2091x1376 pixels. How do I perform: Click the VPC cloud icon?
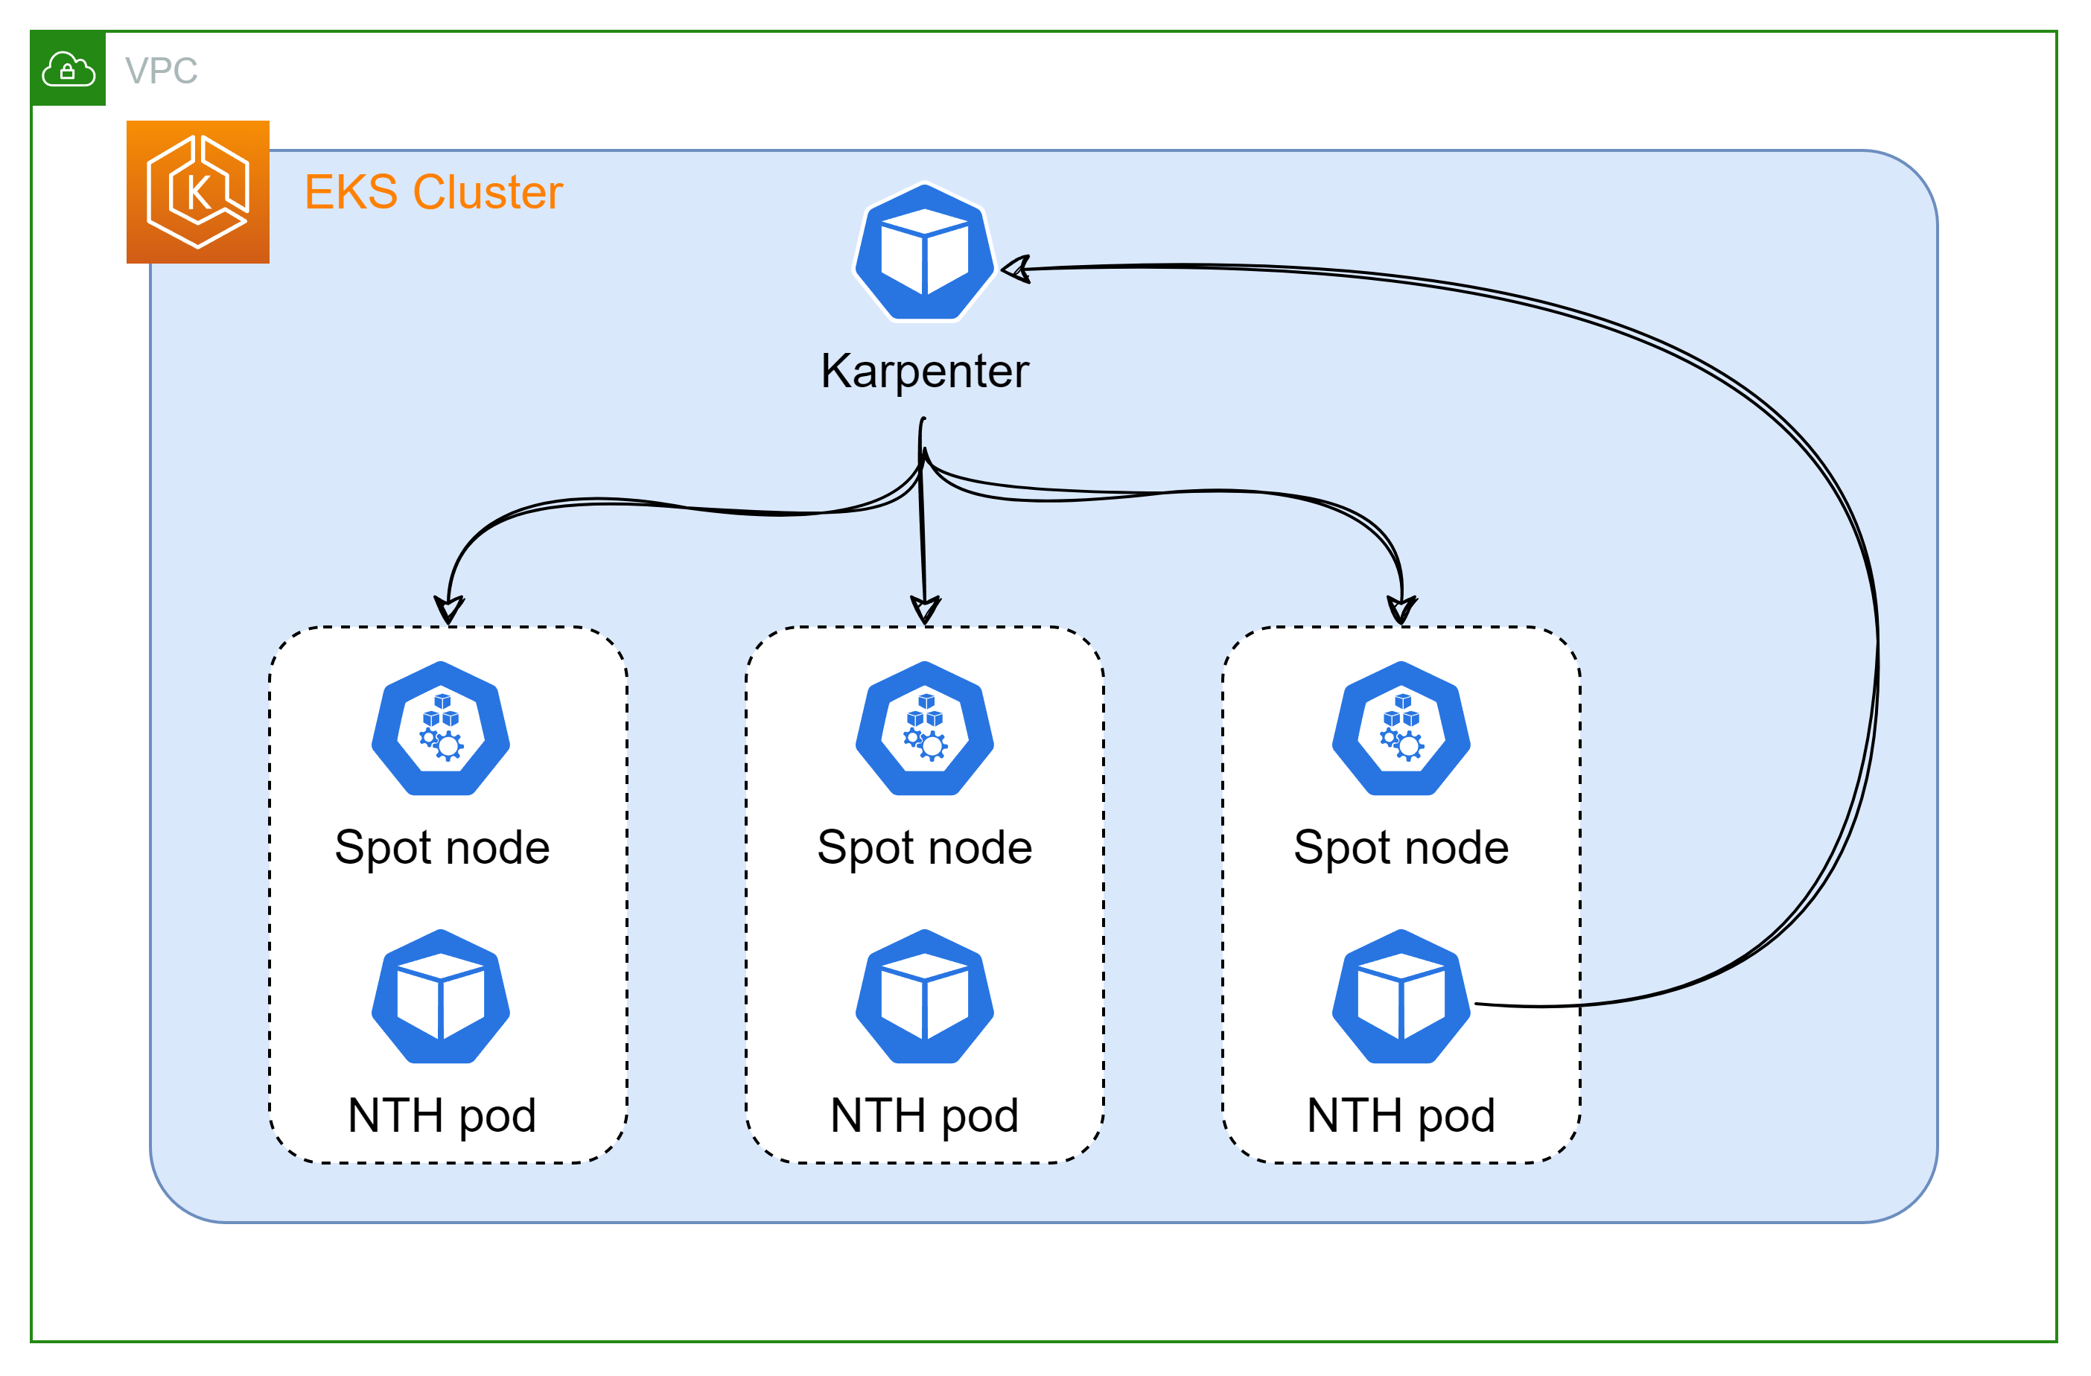pos(68,69)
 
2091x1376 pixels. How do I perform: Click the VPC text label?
pos(161,70)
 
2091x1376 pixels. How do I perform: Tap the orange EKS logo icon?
pos(197,191)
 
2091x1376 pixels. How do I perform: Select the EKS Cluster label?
pos(433,191)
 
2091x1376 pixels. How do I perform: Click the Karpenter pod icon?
pos(924,252)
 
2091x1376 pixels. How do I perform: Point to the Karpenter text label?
pos(924,371)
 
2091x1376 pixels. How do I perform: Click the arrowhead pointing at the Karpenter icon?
pos(1016,269)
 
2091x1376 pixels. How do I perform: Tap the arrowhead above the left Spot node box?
pos(449,609)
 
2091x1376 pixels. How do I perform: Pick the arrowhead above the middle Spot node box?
pos(925,609)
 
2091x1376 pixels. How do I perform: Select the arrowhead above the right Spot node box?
pos(1401,609)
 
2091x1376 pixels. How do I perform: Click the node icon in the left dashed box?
pos(441,729)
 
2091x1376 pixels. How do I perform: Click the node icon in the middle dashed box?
pos(924,729)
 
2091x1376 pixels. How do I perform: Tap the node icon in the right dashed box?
pos(1401,729)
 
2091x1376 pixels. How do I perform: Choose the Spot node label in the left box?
pos(442,848)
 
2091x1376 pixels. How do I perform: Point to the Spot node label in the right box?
pos(1401,848)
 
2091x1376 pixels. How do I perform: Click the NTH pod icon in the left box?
pos(441,997)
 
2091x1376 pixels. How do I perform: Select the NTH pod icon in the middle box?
pos(924,997)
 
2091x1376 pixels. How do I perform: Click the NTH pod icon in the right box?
pos(1401,997)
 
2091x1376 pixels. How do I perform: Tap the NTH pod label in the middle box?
pos(924,1116)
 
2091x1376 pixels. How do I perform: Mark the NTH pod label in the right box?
pos(1401,1116)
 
